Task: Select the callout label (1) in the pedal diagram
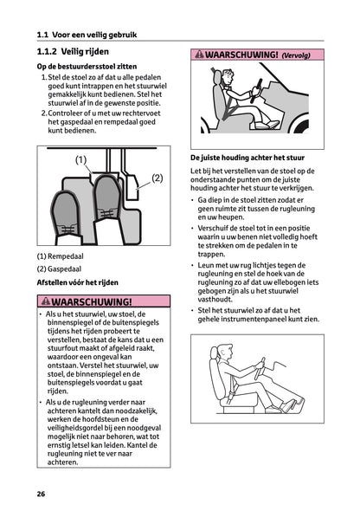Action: tap(81, 159)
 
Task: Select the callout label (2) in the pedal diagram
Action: tap(157, 178)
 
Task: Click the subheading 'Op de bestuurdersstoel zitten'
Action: tap(93, 67)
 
